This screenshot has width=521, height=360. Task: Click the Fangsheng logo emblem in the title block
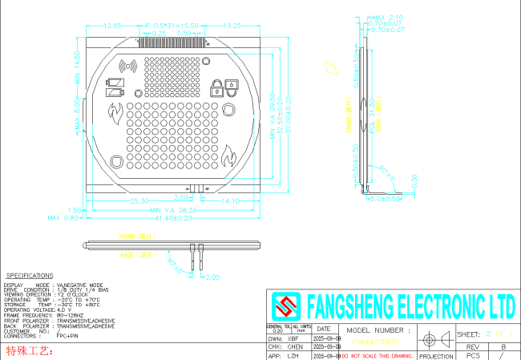pyautogui.click(x=285, y=306)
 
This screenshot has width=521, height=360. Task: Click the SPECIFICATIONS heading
pyautogui.click(x=30, y=275)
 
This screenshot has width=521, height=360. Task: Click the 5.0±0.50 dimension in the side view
pyautogui.click(x=386, y=199)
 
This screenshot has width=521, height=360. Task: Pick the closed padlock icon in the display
pyautogui.click(x=216, y=87)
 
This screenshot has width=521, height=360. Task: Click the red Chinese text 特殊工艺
pyautogui.click(x=29, y=351)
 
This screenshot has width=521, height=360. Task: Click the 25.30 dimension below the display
pyautogui.click(x=139, y=200)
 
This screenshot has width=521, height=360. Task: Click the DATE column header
pyautogui.click(x=323, y=329)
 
